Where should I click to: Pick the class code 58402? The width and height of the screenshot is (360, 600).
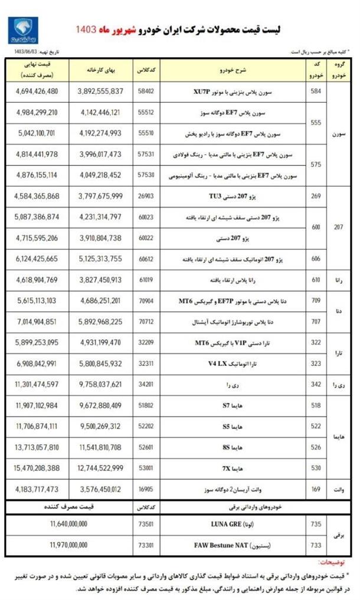pyautogui.click(x=145, y=91)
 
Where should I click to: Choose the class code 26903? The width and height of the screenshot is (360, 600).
pyautogui.click(x=145, y=196)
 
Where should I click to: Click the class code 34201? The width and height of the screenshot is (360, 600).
pyautogui.click(x=145, y=384)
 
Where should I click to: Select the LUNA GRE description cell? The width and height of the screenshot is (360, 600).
pyautogui.click(x=233, y=524)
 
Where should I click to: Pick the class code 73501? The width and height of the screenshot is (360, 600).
pyautogui.click(x=145, y=524)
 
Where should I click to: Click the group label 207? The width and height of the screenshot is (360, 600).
pyautogui.click(x=339, y=227)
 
